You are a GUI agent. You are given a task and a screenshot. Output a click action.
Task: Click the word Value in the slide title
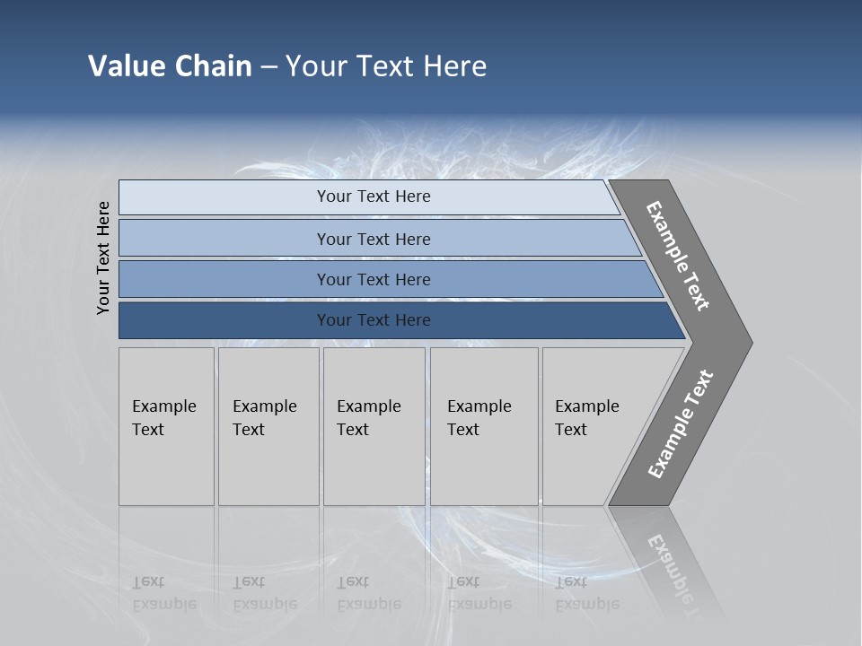tap(127, 66)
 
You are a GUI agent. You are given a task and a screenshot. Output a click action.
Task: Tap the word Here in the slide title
tap(454, 66)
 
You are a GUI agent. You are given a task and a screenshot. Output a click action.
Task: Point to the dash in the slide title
tap(268, 67)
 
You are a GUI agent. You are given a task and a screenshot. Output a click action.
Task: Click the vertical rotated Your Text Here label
tap(103, 258)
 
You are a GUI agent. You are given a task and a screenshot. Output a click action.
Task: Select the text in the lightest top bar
tap(374, 196)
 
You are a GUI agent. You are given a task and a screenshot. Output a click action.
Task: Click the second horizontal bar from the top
tap(374, 239)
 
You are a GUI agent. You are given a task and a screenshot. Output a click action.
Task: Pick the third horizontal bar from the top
tap(374, 280)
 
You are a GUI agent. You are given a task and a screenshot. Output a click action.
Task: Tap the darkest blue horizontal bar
tap(374, 320)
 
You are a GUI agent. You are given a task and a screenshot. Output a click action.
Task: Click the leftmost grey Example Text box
tap(166, 426)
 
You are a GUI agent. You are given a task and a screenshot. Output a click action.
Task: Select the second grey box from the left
tap(268, 426)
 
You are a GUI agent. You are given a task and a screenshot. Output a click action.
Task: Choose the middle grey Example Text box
tap(374, 426)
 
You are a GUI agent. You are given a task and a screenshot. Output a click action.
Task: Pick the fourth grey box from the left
tap(483, 426)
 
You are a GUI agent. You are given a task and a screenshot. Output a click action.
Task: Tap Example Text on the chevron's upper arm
tap(679, 256)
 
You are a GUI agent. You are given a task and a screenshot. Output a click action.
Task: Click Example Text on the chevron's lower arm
tap(681, 424)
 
